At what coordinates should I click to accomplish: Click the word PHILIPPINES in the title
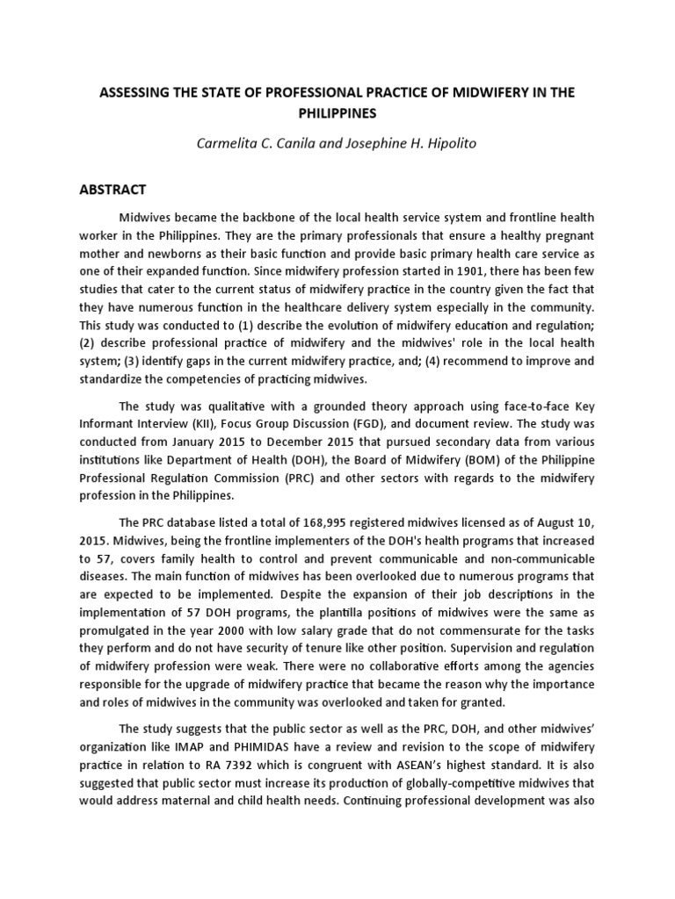coord(338,113)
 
